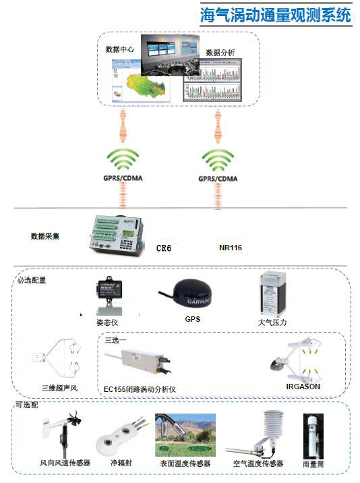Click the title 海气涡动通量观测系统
[275, 15]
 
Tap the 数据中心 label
[119, 49]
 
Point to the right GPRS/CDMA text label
[218, 180]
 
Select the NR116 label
[231, 248]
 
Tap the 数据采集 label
[45, 236]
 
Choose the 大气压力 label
[272, 322]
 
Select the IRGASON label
[303, 387]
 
